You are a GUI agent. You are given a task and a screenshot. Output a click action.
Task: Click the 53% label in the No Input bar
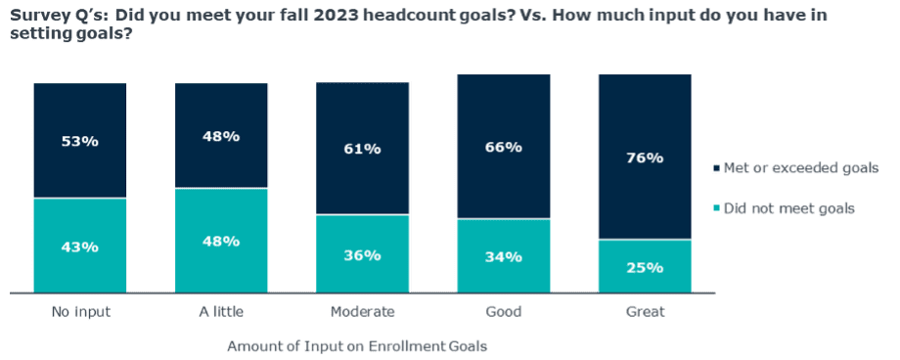pyautogui.click(x=79, y=141)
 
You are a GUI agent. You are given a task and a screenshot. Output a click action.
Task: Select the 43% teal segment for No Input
pyautogui.click(x=79, y=246)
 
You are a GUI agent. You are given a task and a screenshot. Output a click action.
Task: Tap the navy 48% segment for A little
pyautogui.click(x=221, y=136)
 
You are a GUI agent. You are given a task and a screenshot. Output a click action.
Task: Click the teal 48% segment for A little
pyautogui.click(x=221, y=241)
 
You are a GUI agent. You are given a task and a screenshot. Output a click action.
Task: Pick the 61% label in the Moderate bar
pyautogui.click(x=362, y=149)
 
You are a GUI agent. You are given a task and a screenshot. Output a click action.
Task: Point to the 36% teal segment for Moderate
pyautogui.click(x=362, y=254)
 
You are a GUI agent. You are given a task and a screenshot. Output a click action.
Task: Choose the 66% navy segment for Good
pyautogui.click(x=503, y=147)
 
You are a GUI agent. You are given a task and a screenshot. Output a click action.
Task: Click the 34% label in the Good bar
pyautogui.click(x=503, y=257)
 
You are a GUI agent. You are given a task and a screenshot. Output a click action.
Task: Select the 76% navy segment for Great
pyautogui.click(x=645, y=157)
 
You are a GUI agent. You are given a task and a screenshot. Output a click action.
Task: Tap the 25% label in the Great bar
pyautogui.click(x=645, y=266)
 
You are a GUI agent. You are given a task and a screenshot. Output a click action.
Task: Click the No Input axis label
pyautogui.click(x=79, y=312)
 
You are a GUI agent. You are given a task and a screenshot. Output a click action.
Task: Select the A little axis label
pyautogui.click(x=221, y=312)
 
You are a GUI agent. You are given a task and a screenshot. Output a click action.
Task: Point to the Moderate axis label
pyautogui.click(x=362, y=312)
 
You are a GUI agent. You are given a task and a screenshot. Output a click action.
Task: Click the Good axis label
pyautogui.click(x=503, y=312)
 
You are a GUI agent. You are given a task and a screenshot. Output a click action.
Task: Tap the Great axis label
pyautogui.click(x=645, y=312)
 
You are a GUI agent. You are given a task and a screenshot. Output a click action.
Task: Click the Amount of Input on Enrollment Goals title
pyautogui.click(x=357, y=345)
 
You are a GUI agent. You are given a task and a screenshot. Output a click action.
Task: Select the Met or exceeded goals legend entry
pyautogui.click(x=793, y=169)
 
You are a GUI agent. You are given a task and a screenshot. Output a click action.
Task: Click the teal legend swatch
pyautogui.click(x=716, y=208)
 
